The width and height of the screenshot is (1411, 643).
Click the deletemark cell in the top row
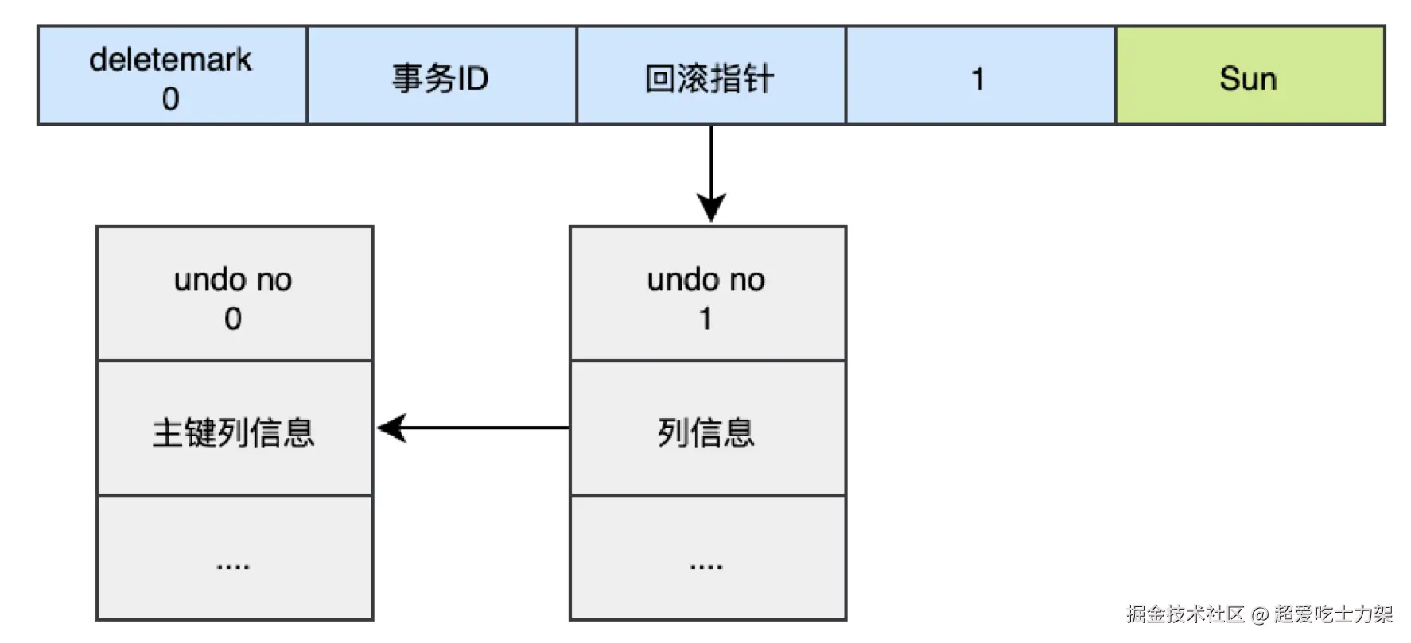[x=172, y=76]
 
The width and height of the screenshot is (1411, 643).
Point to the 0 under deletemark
[x=170, y=99]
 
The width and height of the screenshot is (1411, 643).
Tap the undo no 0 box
[x=235, y=294]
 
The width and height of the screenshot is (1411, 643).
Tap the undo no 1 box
[x=707, y=294]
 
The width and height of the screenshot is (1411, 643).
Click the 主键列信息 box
[x=235, y=429]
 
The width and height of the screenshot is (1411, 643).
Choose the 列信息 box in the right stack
[x=707, y=429]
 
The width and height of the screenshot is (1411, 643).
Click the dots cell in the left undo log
[x=235, y=558]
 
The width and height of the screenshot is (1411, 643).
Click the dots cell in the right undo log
[x=707, y=558]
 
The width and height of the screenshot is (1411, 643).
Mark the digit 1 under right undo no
[x=705, y=319]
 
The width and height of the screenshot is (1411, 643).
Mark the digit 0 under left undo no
[x=232, y=319]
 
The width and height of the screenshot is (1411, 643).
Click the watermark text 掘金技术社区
[x=1184, y=614]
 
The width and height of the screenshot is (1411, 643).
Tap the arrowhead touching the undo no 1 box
[x=711, y=208]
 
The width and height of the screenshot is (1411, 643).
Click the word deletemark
[x=170, y=60]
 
